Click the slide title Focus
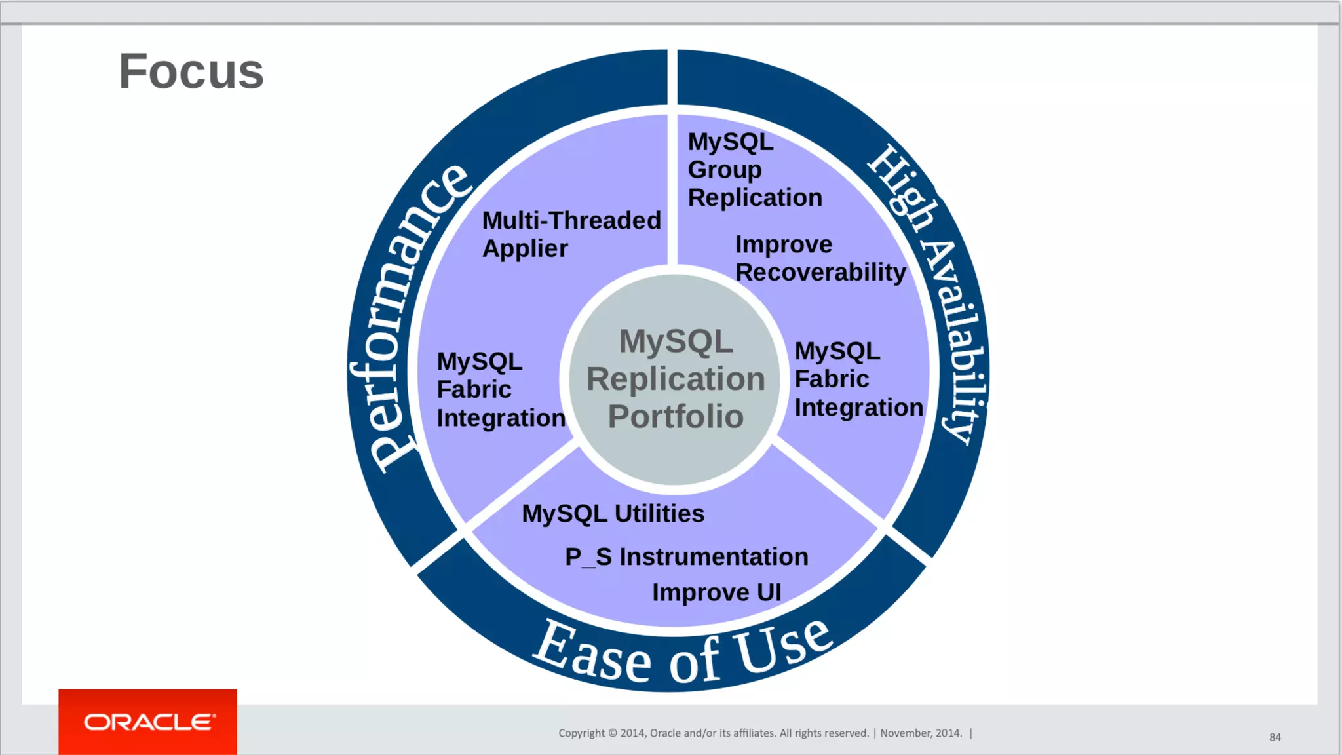(x=191, y=71)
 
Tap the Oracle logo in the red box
(x=149, y=722)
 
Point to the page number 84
(x=1275, y=737)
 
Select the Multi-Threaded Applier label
(x=571, y=235)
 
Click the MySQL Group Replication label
(x=754, y=170)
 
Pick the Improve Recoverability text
(x=820, y=258)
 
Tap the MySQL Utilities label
(x=613, y=514)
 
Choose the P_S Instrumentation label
(x=686, y=557)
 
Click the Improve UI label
(x=716, y=592)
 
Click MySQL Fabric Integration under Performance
(x=501, y=390)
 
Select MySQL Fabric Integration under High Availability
(x=858, y=379)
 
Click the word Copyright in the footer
(x=581, y=733)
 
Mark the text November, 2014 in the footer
(x=921, y=733)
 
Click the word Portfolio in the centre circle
(x=676, y=417)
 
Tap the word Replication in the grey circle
(x=676, y=379)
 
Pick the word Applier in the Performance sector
(x=525, y=249)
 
